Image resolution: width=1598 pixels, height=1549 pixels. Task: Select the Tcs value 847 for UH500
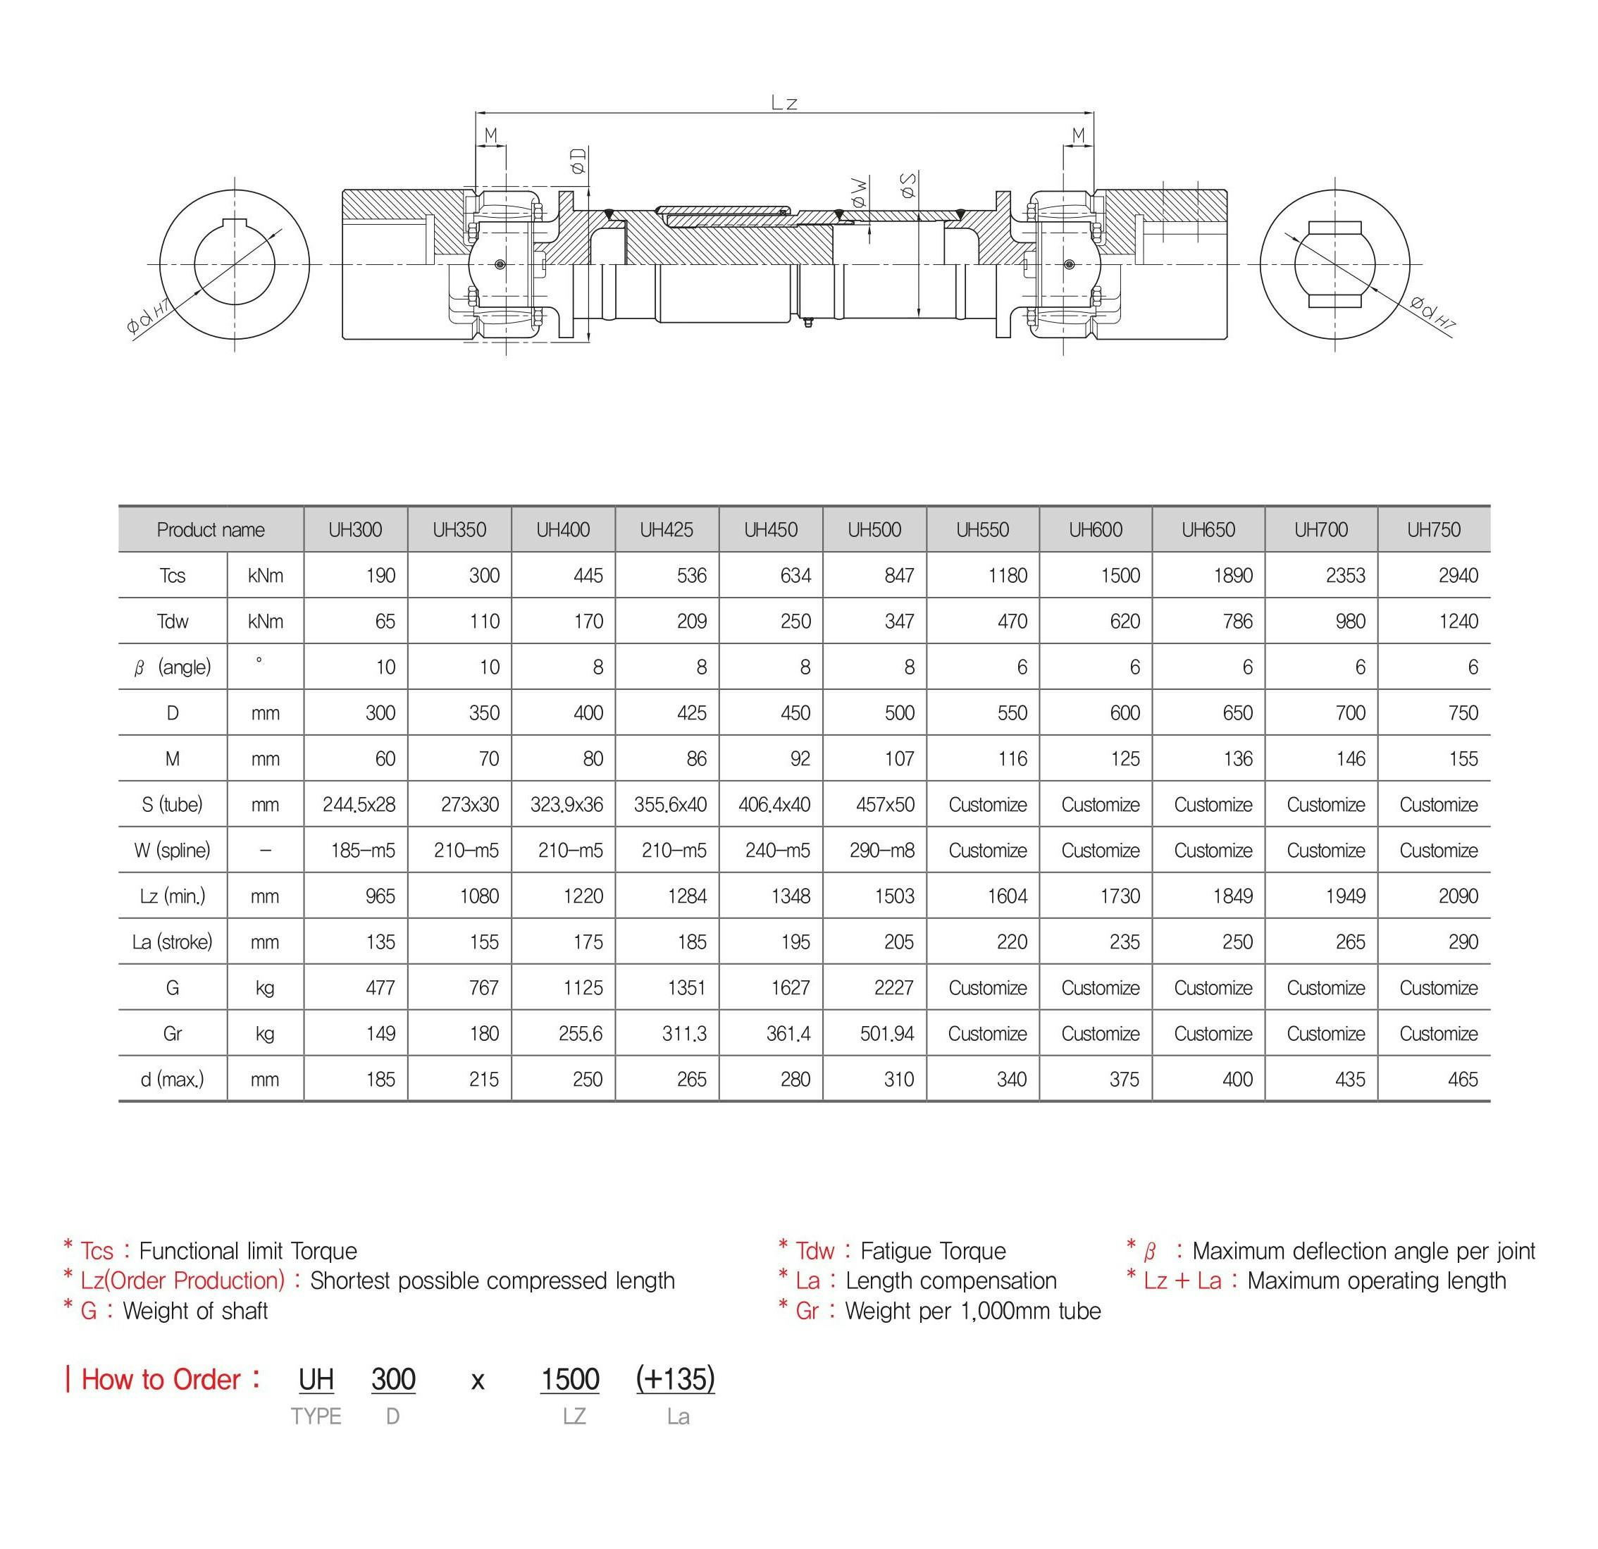click(x=898, y=576)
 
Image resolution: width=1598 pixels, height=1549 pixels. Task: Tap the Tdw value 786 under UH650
click(x=1237, y=622)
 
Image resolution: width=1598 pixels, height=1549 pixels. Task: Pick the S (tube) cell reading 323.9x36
click(x=566, y=805)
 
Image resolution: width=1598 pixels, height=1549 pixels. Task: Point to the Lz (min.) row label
click(x=172, y=896)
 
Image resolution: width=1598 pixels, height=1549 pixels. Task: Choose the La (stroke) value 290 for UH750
click(x=1463, y=942)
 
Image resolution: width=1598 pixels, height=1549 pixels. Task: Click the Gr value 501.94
click(x=886, y=1034)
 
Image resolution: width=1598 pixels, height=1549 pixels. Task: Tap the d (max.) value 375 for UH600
click(x=1124, y=1080)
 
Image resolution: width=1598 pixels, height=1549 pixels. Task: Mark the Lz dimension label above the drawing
click(x=784, y=103)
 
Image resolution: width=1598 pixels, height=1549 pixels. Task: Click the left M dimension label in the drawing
click(x=491, y=135)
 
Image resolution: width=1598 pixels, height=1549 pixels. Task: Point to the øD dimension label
click(x=578, y=161)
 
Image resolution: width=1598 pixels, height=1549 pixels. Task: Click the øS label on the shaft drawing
click(x=908, y=185)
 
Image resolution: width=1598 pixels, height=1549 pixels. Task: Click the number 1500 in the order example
click(x=570, y=1379)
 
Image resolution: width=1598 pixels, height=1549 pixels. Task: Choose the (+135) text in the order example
click(x=675, y=1379)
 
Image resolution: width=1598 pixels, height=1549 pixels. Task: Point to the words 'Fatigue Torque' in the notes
click(x=933, y=1251)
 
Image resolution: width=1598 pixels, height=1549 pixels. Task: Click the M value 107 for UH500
click(x=898, y=759)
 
